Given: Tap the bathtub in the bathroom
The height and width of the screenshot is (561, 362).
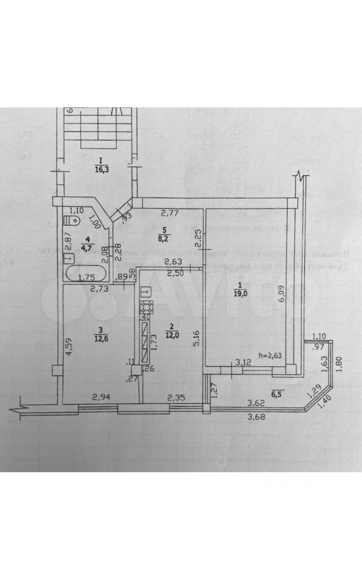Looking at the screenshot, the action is (86, 275).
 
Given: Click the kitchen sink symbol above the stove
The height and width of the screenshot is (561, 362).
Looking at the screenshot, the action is (145, 290).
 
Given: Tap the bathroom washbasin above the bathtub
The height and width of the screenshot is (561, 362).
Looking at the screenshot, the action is (69, 257).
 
